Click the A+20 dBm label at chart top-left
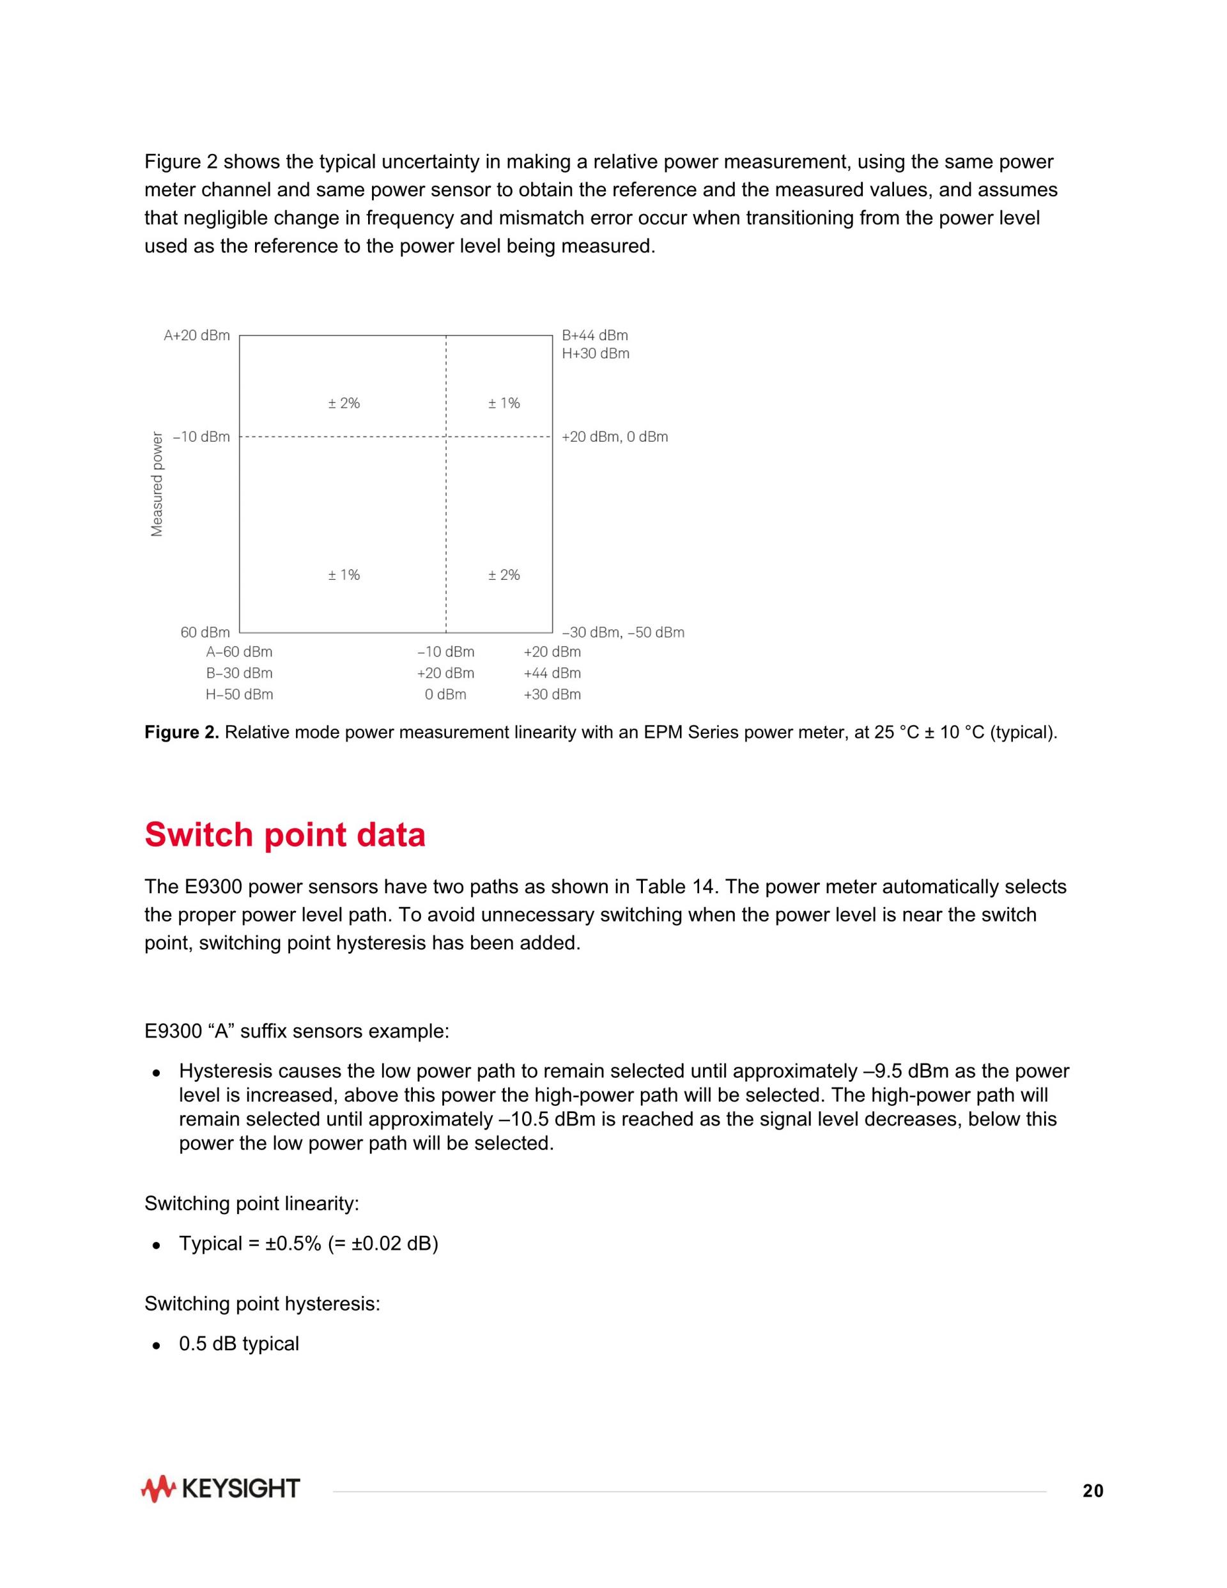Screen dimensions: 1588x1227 click(x=196, y=335)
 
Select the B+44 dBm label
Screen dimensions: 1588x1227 click(x=594, y=335)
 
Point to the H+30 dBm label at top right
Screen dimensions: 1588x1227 click(x=596, y=354)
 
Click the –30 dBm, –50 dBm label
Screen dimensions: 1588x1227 click(x=623, y=633)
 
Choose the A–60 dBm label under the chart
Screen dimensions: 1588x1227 click(x=239, y=652)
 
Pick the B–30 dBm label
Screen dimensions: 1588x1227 click(x=239, y=673)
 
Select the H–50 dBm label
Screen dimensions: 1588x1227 click(x=239, y=694)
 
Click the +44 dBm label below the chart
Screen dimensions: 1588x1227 click(x=552, y=673)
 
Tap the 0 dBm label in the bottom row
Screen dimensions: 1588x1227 click(x=445, y=694)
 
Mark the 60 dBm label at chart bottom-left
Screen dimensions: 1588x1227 click(x=205, y=633)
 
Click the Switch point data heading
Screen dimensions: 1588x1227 click(x=285, y=835)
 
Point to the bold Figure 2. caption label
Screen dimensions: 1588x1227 click(x=181, y=732)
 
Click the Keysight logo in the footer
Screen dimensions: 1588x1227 click(x=220, y=1488)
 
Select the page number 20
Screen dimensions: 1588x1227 click(x=1093, y=1491)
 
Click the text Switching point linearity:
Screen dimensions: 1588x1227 click(x=252, y=1203)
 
